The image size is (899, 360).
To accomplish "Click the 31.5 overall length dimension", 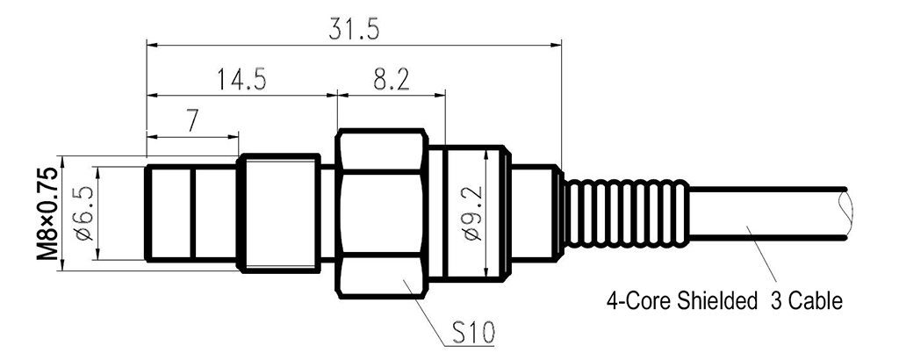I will pyautogui.click(x=354, y=28).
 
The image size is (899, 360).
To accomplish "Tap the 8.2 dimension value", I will pyautogui.click(x=391, y=80).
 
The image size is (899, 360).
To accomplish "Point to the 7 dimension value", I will pyautogui.click(x=191, y=122).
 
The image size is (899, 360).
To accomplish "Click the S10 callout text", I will pyautogui.click(x=473, y=333).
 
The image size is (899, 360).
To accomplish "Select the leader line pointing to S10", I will pyautogui.click(x=421, y=303).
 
